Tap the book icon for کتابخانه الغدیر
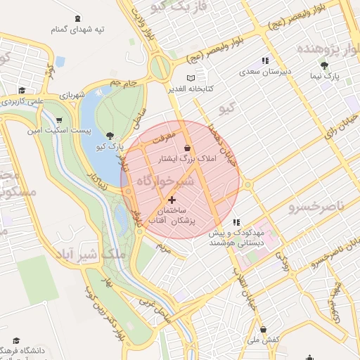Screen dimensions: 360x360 (x=191, y=77)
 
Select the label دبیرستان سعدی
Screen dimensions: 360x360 (x=260, y=72)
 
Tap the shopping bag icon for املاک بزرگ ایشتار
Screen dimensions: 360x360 (x=187, y=148)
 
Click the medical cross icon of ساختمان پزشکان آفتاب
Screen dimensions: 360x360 (x=172, y=200)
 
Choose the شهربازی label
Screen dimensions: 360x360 (x=71, y=94)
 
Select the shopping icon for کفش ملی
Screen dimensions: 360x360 (x=263, y=329)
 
